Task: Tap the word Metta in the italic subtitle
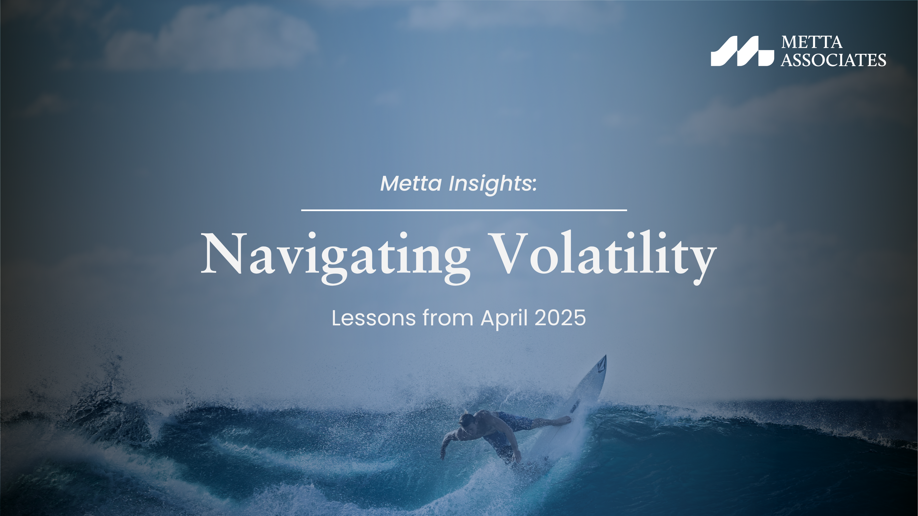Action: tap(411, 183)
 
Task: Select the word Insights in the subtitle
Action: tap(490, 183)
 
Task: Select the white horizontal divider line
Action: tap(464, 210)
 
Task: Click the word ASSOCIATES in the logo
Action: tap(833, 60)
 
